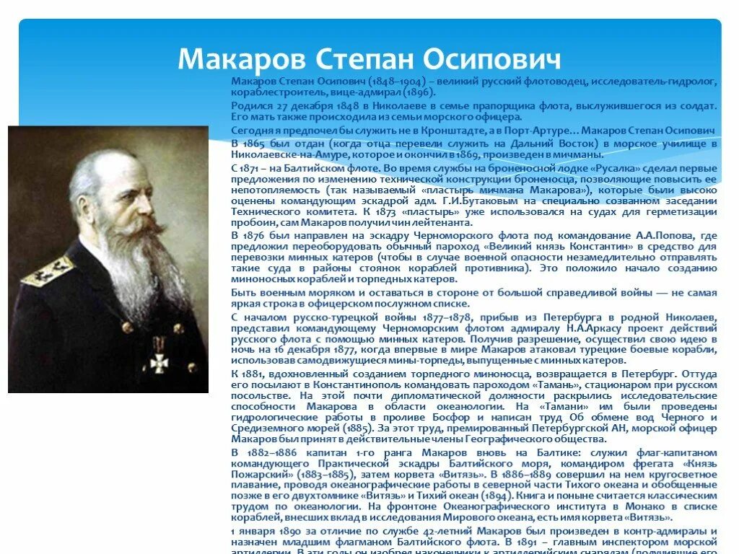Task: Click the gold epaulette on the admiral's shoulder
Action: (x=48, y=272)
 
